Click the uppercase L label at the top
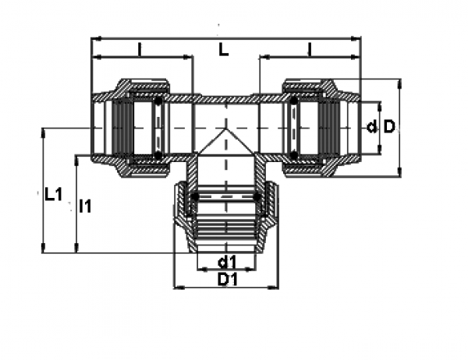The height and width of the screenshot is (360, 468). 223,50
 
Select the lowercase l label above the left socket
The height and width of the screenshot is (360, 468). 140,49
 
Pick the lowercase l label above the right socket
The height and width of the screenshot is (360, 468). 310,49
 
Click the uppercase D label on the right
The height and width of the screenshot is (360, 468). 389,126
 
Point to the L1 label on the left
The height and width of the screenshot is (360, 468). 52,195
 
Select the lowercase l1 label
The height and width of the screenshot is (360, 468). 86,206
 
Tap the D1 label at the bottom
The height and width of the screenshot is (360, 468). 227,279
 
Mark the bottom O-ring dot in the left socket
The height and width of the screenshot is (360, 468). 158,155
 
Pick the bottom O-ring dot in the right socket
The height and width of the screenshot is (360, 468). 294,155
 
